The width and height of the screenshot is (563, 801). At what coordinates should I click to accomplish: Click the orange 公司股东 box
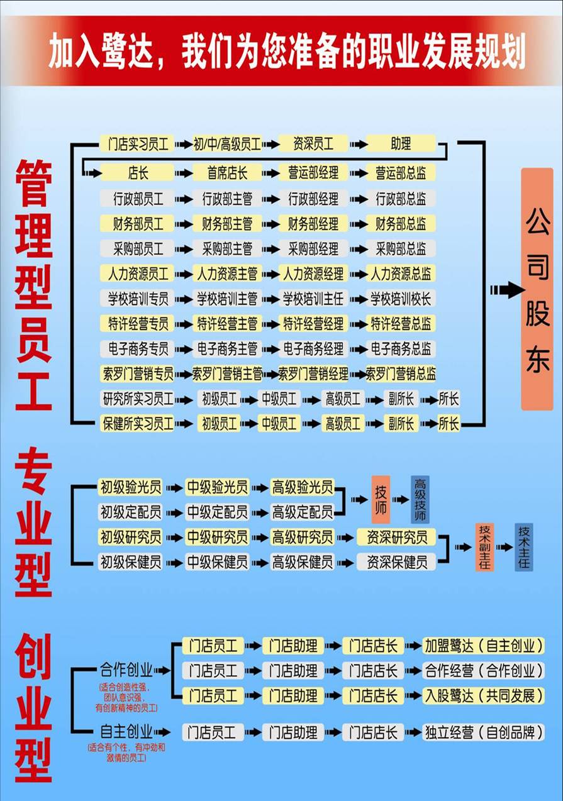pos(537,289)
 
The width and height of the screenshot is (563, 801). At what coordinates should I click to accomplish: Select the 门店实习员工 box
pos(137,144)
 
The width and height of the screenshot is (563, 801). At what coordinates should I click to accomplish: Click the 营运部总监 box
pos(401,172)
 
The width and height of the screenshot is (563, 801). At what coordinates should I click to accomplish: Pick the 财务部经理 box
pos(313,223)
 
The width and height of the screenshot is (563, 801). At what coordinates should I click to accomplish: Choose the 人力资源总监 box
pos(401,273)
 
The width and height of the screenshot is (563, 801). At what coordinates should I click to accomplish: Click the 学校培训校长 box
pos(401,299)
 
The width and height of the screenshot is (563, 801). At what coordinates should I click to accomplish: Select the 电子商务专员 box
pos(137,348)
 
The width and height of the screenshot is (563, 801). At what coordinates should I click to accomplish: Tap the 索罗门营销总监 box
pos(401,373)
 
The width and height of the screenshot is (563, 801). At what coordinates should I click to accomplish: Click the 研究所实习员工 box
pos(137,399)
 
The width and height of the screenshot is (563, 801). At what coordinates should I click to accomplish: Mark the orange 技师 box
pos(381,500)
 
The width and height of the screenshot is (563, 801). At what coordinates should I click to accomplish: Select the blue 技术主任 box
pos(524,547)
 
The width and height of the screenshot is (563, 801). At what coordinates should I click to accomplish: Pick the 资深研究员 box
pos(396,537)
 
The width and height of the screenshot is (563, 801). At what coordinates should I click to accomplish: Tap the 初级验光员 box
pos(130,487)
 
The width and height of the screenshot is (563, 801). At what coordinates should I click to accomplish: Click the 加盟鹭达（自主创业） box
pos(483,646)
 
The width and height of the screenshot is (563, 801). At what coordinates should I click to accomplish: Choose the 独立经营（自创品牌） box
pos(483,732)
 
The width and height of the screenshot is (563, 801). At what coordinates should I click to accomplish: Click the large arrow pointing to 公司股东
pos(508,290)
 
